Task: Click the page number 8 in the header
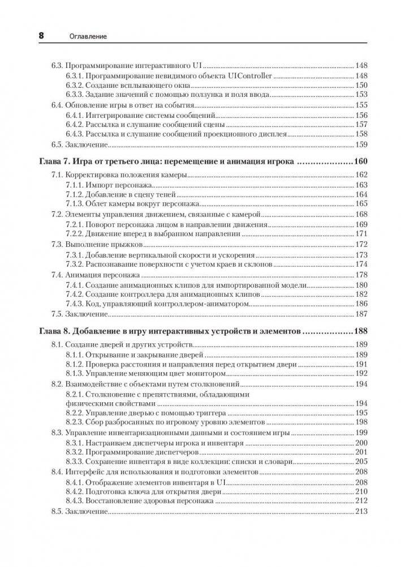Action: click(x=41, y=35)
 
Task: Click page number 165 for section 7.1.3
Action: click(x=361, y=203)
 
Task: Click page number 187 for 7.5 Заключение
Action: click(x=361, y=314)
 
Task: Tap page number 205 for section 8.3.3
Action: click(x=361, y=462)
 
